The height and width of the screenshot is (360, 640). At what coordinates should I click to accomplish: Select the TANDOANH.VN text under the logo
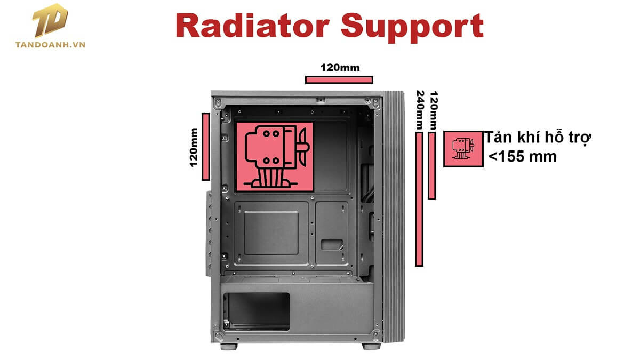click(51, 45)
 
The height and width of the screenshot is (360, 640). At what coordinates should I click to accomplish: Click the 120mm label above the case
click(340, 68)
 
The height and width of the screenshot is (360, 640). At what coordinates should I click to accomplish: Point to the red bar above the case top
click(339, 80)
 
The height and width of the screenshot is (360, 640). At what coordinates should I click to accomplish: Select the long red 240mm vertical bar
click(419, 198)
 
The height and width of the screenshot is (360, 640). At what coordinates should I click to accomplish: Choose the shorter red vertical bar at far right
click(432, 165)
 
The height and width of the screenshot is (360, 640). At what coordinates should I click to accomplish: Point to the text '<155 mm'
click(523, 157)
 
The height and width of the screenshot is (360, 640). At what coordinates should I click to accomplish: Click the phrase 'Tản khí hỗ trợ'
click(538, 138)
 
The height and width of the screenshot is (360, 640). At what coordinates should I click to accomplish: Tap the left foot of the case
click(230, 346)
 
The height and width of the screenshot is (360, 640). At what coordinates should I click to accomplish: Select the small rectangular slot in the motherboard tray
click(332, 244)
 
